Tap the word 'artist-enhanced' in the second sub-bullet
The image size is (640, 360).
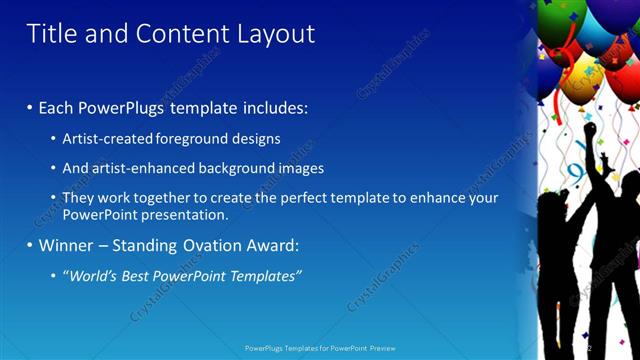coord(142,168)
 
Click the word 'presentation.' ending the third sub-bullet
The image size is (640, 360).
coord(184,214)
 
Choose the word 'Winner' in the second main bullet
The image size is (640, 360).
coord(65,245)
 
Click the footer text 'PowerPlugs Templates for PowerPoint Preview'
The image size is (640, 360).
coord(319,348)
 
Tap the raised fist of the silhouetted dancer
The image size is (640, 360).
coord(590,129)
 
